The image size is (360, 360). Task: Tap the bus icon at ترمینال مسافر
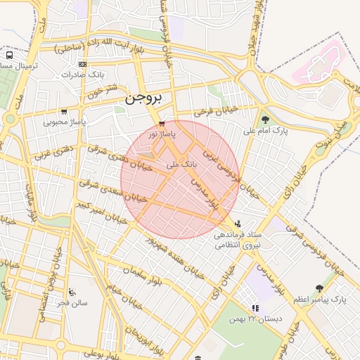tap(10, 54)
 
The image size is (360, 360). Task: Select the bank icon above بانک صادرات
tap(83, 64)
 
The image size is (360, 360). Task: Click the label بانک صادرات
tap(87, 74)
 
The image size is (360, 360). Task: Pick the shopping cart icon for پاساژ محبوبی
tap(65, 111)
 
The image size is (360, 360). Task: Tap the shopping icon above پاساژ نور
tap(162, 122)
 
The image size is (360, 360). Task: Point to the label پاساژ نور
tap(162, 133)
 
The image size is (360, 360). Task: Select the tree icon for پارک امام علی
tap(265, 120)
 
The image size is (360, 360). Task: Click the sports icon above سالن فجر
tap(72, 292)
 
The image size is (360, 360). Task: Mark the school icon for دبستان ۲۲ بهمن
tap(255, 308)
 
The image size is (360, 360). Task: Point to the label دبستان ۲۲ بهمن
tap(256, 319)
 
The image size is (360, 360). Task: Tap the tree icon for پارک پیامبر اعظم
tap(320, 288)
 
